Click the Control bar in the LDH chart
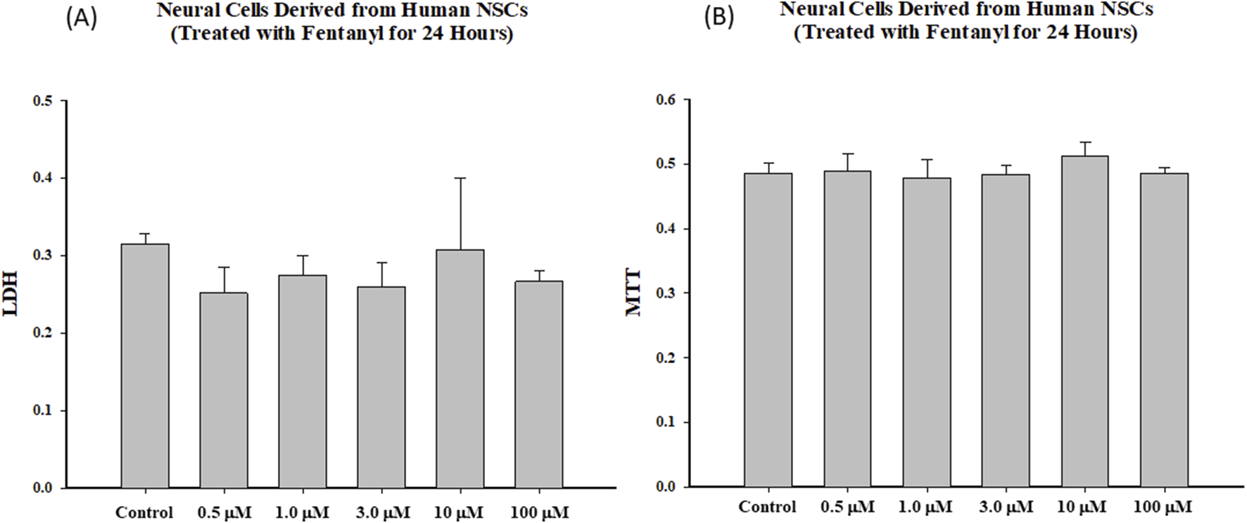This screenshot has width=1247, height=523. coord(144,366)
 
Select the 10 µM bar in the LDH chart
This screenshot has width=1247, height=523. coord(460,369)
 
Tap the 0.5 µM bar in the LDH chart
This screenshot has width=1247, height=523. coord(223,390)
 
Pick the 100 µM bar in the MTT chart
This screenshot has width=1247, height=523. coord(1164,330)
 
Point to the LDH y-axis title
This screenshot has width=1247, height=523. coord(11,295)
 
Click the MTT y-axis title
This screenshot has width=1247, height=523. coord(633,293)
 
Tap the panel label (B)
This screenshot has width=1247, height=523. coord(719,18)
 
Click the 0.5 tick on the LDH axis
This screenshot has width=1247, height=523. coord(43,101)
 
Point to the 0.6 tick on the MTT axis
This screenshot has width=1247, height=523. coord(666,100)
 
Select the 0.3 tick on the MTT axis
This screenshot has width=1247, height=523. coord(666,293)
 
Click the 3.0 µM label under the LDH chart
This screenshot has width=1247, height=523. coord(382,512)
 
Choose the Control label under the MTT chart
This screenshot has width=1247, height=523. coord(767,507)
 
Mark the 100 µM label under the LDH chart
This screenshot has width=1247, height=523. coord(539,512)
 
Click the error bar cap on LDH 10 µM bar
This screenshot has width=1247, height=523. coord(460,178)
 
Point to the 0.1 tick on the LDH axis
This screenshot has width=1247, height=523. coord(43,410)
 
